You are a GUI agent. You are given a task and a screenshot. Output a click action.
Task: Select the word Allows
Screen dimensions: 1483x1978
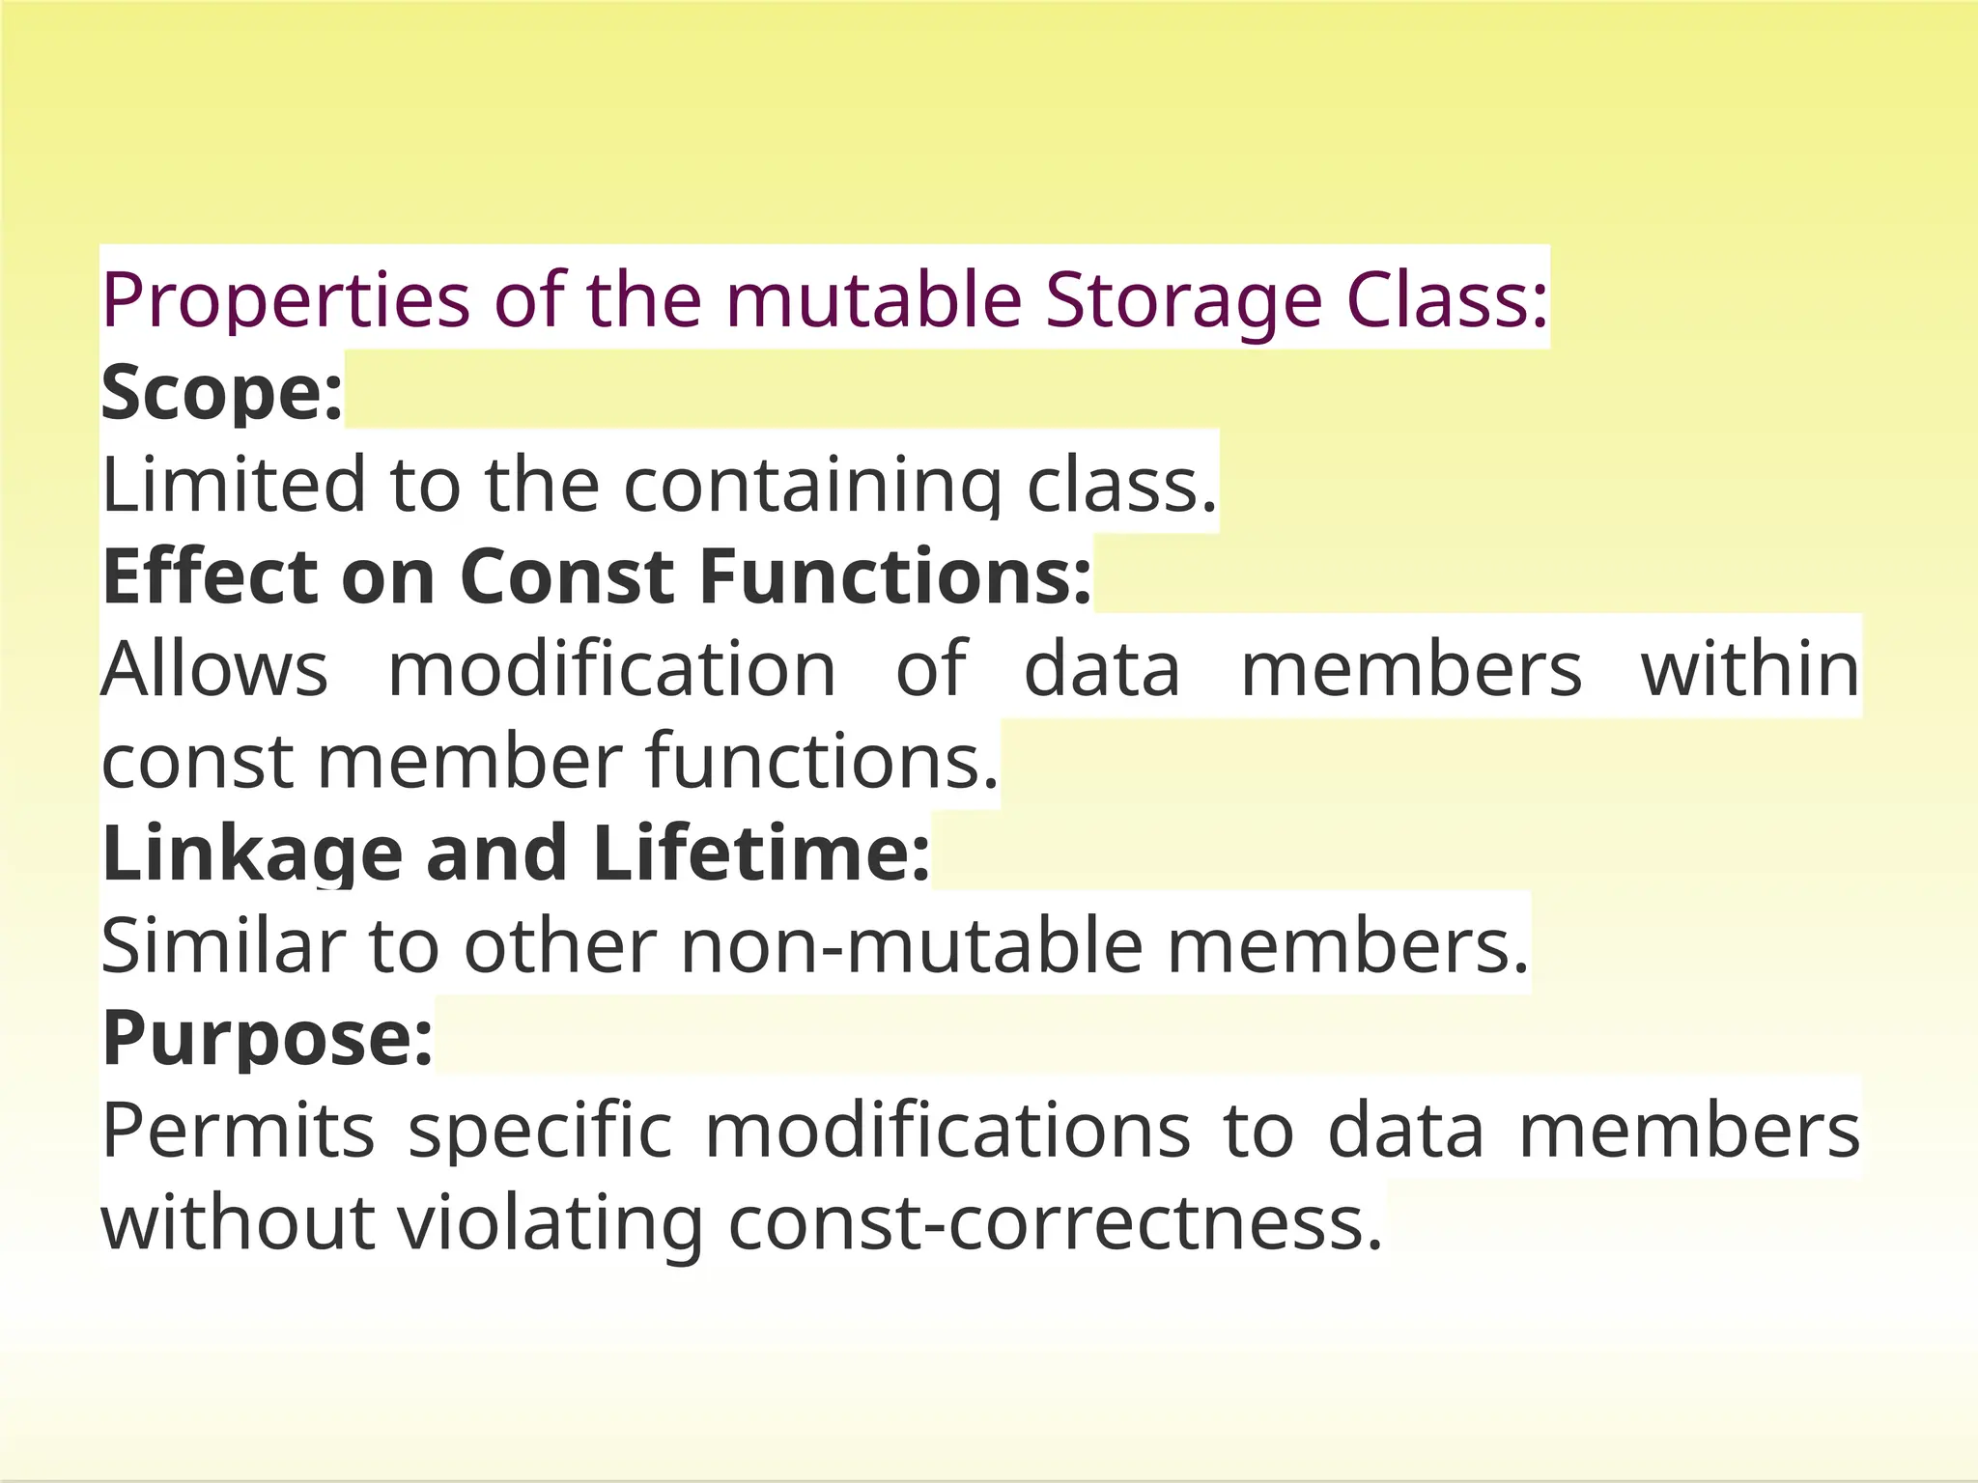(x=215, y=668)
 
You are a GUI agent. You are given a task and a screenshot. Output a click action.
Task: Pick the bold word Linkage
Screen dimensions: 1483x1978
(x=252, y=853)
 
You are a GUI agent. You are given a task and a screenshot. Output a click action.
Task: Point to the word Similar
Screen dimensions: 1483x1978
(x=223, y=946)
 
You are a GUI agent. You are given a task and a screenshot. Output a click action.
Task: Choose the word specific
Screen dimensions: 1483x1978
(x=540, y=1131)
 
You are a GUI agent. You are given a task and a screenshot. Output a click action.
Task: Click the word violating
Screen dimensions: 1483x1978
(x=551, y=1223)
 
